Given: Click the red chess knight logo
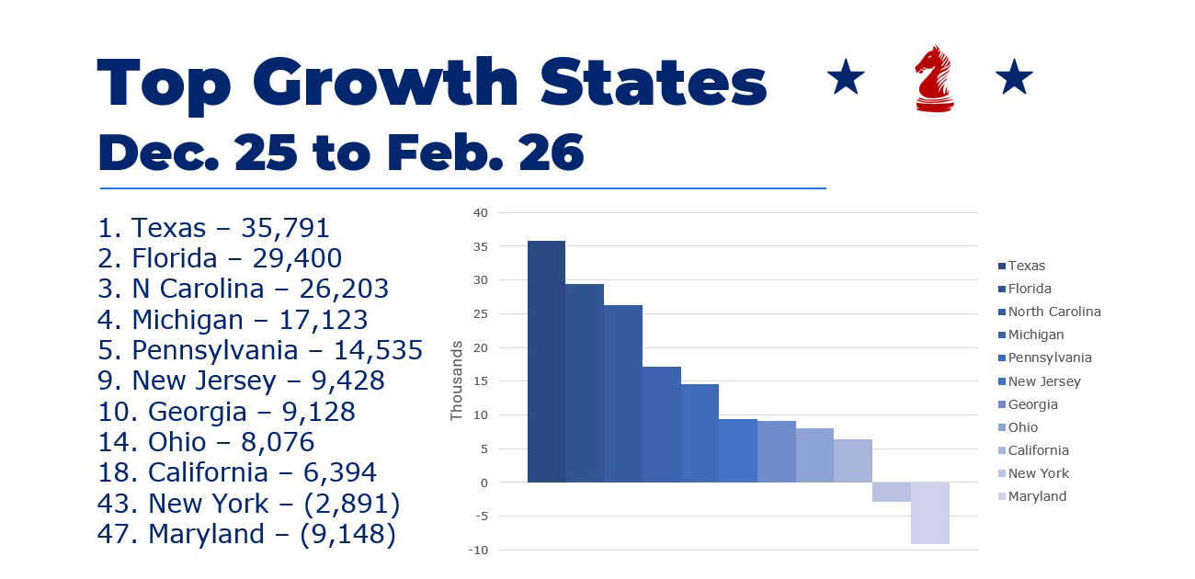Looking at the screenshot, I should [934, 79].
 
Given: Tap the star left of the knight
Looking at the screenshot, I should [846, 79].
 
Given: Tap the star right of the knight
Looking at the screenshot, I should [1014, 79].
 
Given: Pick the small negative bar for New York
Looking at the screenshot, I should [891, 492].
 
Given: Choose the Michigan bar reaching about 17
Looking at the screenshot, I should [661, 424].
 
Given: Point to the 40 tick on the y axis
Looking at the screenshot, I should [480, 212].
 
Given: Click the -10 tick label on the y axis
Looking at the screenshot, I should [478, 550].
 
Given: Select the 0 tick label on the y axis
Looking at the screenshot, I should [484, 482].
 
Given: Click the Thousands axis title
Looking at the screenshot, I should [456, 380].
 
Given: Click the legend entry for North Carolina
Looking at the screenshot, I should [1053, 312].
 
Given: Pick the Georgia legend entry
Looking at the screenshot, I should [1032, 404].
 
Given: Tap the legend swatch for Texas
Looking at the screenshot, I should [1001, 267].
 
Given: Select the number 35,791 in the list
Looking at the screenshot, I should [285, 228].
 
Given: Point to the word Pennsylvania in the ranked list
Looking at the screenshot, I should [215, 350].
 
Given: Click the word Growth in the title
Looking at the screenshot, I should [386, 85].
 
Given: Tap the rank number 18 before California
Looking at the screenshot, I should [114, 472].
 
